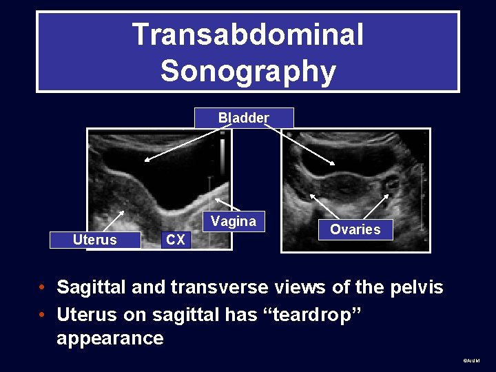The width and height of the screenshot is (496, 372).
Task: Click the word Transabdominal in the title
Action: click(x=247, y=34)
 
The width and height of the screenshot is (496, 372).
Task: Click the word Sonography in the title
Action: click(x=247, y=70)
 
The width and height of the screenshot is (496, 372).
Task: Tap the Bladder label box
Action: click(x=244, y=118)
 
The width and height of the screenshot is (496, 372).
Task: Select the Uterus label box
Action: click(x=95, y=240)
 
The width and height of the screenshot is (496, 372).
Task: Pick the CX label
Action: click(x=176, y=240)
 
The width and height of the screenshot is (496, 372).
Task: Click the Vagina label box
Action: click(x=234, y=221)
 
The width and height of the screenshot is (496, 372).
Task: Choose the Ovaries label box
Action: click(x=355, y=229)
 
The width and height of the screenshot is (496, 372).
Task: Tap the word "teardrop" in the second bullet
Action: click(x=313, y=314)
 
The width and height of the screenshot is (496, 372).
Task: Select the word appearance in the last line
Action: click(x=110, y=338)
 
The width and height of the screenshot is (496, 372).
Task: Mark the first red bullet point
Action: click(x=43, y=287)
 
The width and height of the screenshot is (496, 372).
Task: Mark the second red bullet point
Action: click(x=43, y=315)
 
